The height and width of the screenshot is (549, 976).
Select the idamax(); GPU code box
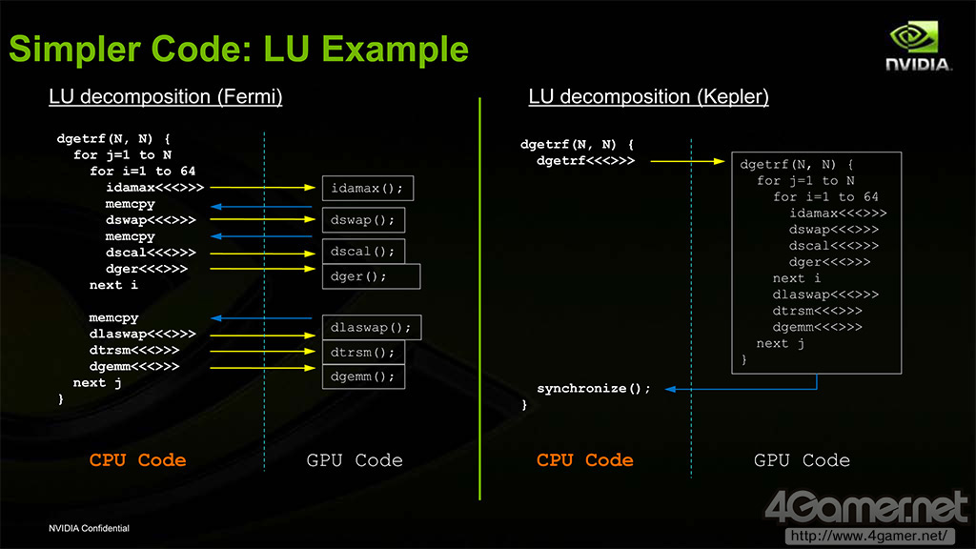[x=367, y=189]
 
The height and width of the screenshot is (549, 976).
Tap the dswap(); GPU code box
[x=362, y=221]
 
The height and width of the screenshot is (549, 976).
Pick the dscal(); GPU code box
[x=362, y=252]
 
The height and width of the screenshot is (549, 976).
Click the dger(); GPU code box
[x=370, y=276]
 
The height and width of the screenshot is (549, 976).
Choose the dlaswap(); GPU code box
[x=371, y=328]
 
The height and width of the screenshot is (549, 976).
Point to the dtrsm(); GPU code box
[x=362, y=353]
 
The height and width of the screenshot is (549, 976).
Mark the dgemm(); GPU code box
[x=362, y=376]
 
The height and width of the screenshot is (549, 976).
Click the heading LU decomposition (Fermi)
[x=166, y=97]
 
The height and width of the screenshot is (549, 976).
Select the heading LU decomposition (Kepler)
[x=648, y=97]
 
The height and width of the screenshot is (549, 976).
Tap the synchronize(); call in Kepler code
[x=593, y=389]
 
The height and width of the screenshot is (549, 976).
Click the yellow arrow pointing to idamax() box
[x=261, y=189]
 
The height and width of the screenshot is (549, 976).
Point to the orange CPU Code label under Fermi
[x=137, y=460]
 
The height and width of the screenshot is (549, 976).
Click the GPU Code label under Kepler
[x=802, y=460]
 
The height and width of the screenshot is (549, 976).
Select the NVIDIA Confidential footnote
[x=90, y=528]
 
